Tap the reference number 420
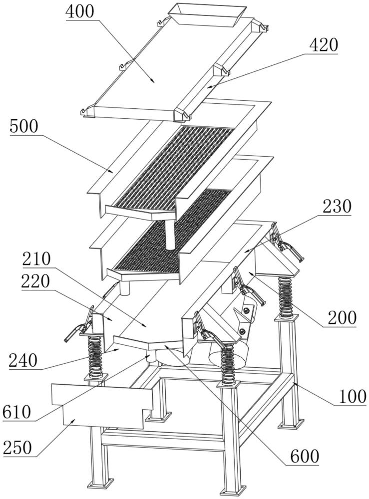click(x=324, y=45)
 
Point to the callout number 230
click(x=337, y=206)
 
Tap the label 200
click(x=342, y=317)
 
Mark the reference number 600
click(x=304, y=456)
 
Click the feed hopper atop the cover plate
click(x=208, y=15)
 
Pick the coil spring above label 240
click(x=95, y=356)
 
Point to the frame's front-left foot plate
click(x=100, y=483)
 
